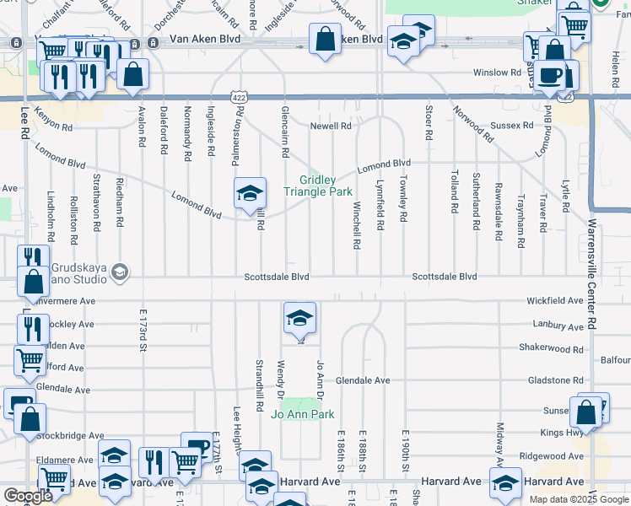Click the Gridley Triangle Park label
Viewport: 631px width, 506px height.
[x=317, y=186]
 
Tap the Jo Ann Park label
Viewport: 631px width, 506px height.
[x=302, y=414]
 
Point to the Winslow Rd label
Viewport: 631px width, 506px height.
[x=497, y=73]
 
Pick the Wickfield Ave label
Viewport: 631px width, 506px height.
[x=555, y=300]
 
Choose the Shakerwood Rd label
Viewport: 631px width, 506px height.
[x=551, y=348]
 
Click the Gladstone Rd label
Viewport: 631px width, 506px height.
[x=555, y=380]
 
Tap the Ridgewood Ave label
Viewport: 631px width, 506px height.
[x=552, y=455]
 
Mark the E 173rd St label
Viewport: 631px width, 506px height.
[x=143, y=330]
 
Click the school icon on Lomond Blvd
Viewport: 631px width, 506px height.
[x=251, y=194]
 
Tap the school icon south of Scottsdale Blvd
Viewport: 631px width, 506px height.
[x=299, y=319]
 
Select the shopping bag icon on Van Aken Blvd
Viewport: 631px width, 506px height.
[x=325, y=39]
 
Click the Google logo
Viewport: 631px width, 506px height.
[x=29, y=496]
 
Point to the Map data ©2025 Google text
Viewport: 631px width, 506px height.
[x=579, y=498]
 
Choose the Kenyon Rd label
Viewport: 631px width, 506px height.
[x=54, y=123]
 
